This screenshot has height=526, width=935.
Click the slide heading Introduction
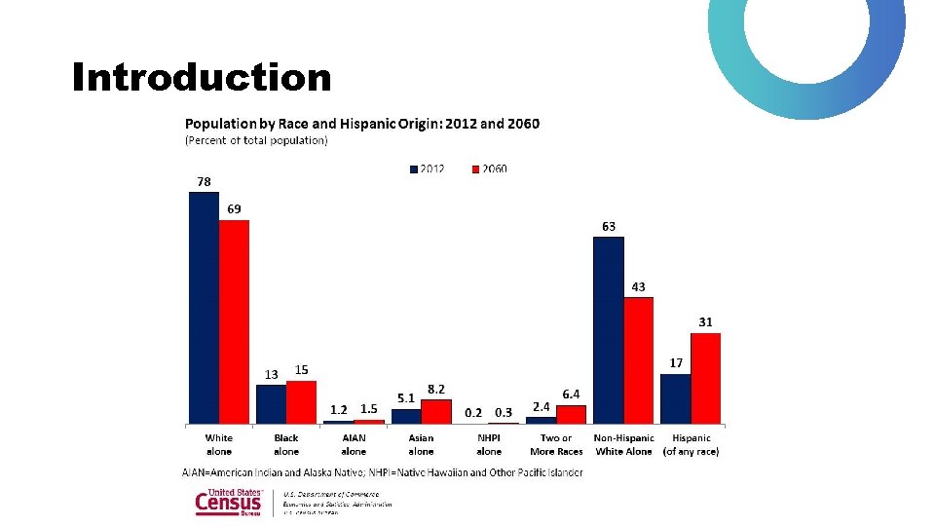click(x=202, y=77)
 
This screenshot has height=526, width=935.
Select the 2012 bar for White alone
click(x=204, y=307)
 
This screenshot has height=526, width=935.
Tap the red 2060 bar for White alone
click(x=234, y=321)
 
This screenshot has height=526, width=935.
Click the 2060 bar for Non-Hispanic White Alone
click(x=638, y=359)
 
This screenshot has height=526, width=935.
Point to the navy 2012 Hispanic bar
click(x=675, y=398)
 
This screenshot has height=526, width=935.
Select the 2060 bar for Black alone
click(x=301, y=401)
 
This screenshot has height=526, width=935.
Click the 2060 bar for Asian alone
click(x=436, y=411)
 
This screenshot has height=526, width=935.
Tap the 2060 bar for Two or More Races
click(x=571, y=414)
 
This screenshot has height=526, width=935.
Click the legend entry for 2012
click(x=427, y=169)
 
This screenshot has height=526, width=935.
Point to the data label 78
click(x=204, y=181)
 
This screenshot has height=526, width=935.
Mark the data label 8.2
click(x=437, y=389)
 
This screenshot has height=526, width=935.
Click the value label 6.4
click(x=572, y=394)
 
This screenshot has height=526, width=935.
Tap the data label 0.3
click(x=504, y=412)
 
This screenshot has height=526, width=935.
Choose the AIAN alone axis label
click(x=354, y=444)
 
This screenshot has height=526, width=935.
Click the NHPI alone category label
click(x=489, y=444)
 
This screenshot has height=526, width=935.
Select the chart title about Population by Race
click(x=361, y=124)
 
